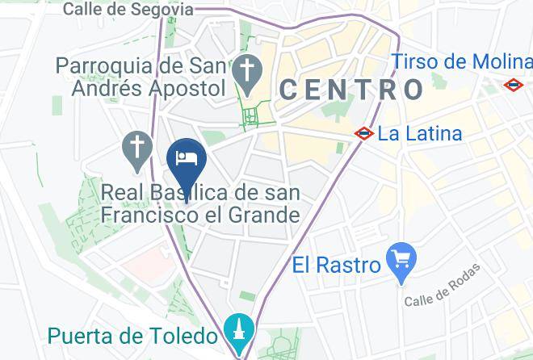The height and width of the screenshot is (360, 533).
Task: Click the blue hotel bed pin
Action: pyautogui.click(x=187, y=158)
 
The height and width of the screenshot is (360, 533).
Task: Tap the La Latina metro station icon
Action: pyautogui.click(x=364, y=133)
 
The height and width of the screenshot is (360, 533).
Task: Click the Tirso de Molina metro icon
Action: pyautogui.click(x=513, y=84)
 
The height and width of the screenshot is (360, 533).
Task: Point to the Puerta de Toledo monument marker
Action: pyautogui.click(x=240, y=330)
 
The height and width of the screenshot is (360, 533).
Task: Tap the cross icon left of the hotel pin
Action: pyautogui.click(x=137, y=148)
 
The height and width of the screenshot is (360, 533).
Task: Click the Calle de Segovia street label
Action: pyautogui.click(x=128, y=10)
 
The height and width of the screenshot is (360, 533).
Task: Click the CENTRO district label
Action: pyautogui.click(x=351, y=89)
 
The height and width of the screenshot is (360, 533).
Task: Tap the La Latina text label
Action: pyautogui.click(x=420, y=133)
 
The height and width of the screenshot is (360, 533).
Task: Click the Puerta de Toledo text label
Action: pyautogui.click(x=132, y=336)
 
